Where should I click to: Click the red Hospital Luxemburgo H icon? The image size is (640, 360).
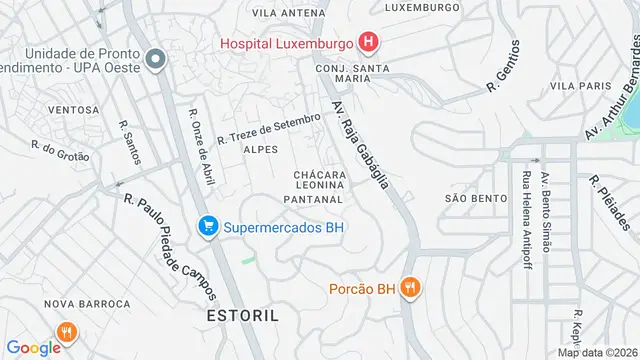[x=369, y=43]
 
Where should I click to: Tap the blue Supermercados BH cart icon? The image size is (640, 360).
[x=208, y=227]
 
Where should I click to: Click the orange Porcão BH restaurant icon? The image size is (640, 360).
[x=410, y=290]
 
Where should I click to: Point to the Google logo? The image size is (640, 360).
[x=34, y=347]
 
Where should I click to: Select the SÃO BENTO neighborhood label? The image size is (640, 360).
[x=469, y=198]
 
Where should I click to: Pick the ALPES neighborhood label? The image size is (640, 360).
[x=261, y=149]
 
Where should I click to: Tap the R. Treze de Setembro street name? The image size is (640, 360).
[x=270, y=127]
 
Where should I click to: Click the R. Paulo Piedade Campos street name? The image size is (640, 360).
[x=170, y=245]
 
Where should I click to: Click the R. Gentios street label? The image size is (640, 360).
[x=503, y=66]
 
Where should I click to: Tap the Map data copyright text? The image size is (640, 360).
[x=597, y=352]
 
